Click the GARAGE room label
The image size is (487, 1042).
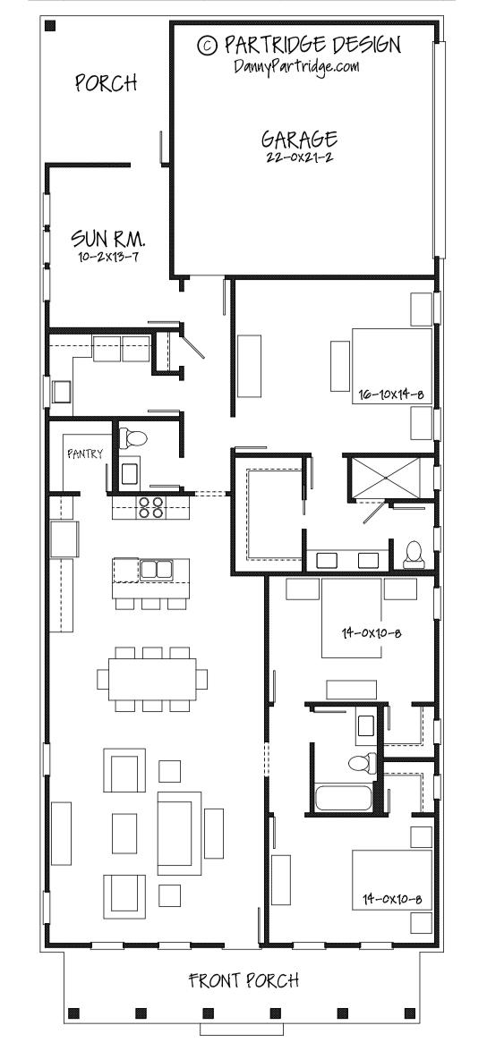(299, 139)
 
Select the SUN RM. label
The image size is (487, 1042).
(108, 239)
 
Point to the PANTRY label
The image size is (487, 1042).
(85, 453)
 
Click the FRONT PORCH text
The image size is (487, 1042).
(243, 980)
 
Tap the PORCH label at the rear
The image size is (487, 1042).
(106, 83)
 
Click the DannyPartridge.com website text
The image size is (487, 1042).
(297, 65)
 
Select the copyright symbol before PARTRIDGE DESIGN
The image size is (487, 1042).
(207, 44)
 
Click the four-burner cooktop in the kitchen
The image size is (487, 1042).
(151, 507)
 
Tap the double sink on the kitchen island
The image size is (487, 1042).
(157, 568)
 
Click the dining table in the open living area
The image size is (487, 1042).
(151, 679)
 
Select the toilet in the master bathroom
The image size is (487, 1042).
(414, 555)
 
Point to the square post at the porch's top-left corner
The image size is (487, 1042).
(49, 27)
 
